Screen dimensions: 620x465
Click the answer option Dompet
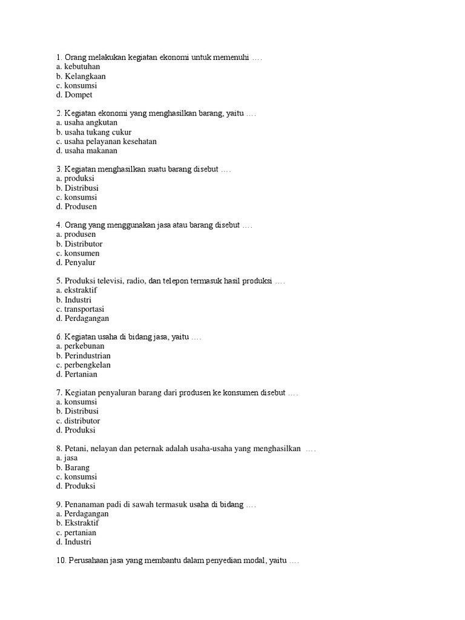(x=78, y=95)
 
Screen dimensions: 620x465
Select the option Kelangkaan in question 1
(x=85, y=76)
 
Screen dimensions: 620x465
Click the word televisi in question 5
(x=112, y=281)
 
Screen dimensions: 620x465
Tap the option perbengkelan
(x=87, y=365)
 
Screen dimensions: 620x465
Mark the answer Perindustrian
(x=88, y=355)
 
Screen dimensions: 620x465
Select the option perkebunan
(x=84, y=346)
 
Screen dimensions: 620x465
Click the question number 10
(x=61, y=561)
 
